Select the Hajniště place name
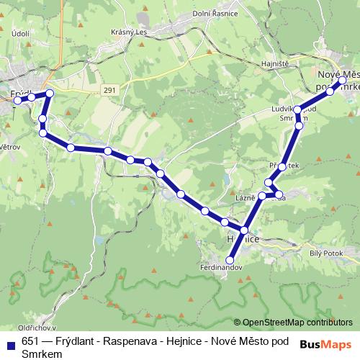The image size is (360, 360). (x=274, y=63)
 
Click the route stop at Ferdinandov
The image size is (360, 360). (x=230, y=259)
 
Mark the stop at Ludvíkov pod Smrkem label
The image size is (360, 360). (x=298, y=110)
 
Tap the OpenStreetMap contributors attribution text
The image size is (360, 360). (x=297, y=322)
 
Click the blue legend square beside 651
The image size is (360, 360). (x=9, y=342)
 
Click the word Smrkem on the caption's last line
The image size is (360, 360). (x=42, y=354)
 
